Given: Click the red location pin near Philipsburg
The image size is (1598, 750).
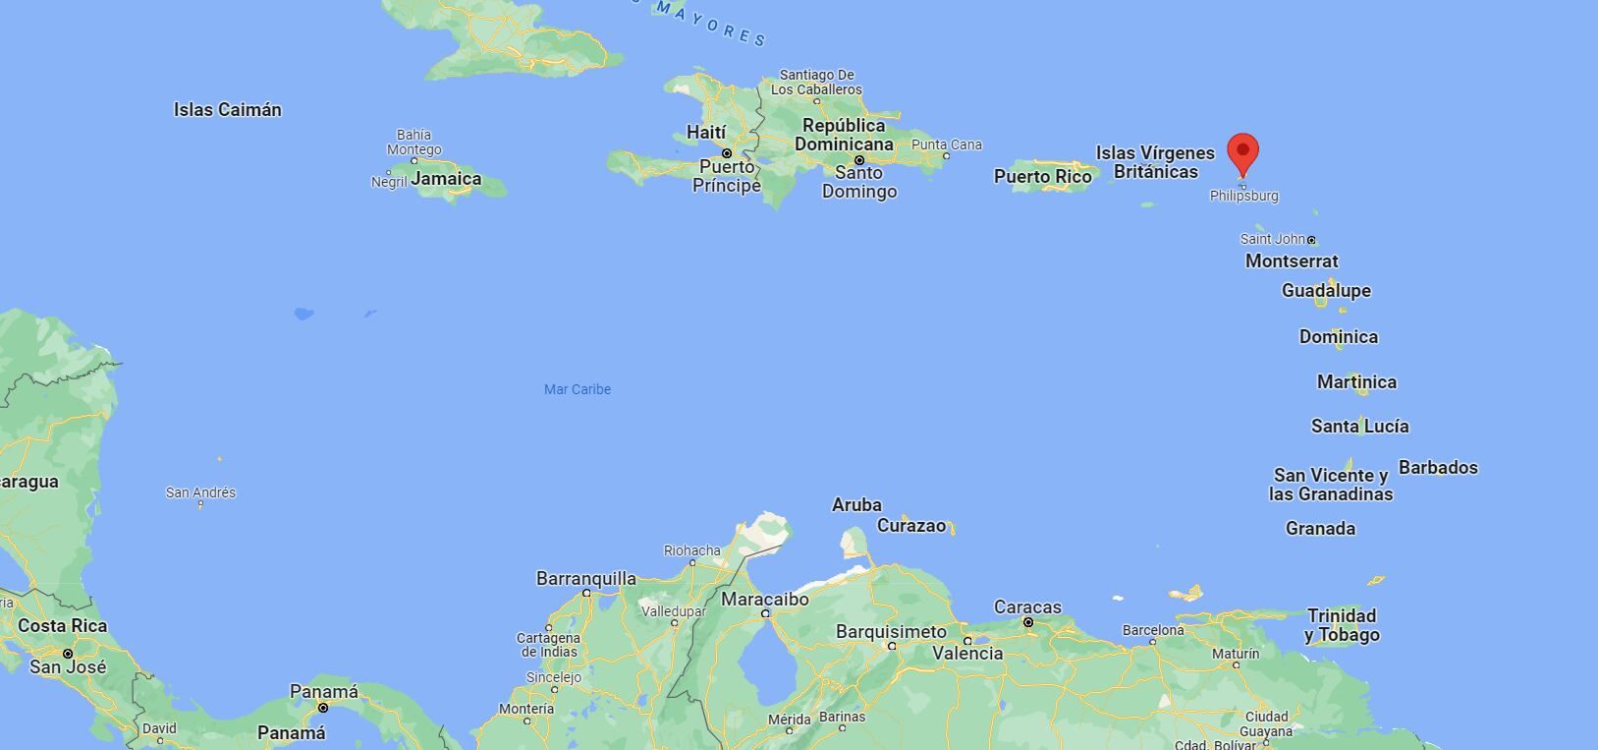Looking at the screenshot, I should point(1242,154).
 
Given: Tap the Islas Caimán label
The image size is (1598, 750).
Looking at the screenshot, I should point(228,110).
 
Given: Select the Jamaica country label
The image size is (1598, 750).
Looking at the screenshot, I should point(446,179).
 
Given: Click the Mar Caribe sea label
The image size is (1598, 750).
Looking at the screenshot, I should point(578,389).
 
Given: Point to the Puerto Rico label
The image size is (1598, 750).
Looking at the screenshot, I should point(1043,177).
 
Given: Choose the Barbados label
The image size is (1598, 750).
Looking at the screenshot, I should point(1438,468).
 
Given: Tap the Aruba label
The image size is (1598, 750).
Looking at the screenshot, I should point(856,505).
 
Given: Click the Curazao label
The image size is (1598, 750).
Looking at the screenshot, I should point(911,526).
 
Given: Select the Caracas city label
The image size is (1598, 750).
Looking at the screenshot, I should point(1027,607).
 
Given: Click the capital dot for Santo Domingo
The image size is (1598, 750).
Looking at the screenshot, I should point(859,160).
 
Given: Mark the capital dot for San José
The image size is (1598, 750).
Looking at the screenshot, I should point(68,653).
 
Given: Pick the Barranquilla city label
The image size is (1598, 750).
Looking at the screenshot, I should point(586,579).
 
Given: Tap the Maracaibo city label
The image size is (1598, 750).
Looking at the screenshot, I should point(765,600).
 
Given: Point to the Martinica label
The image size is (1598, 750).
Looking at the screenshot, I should point(1356,382).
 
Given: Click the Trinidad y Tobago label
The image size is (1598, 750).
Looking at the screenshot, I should point(1342,625).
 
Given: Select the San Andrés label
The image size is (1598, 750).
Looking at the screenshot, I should point(200,492).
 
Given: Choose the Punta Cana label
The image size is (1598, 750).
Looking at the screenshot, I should point(947,145).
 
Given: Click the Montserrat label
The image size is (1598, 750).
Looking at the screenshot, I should point(1292,261).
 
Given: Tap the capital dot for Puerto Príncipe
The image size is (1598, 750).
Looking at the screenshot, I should point(727,153).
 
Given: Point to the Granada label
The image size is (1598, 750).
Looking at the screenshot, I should point(1320,529).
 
